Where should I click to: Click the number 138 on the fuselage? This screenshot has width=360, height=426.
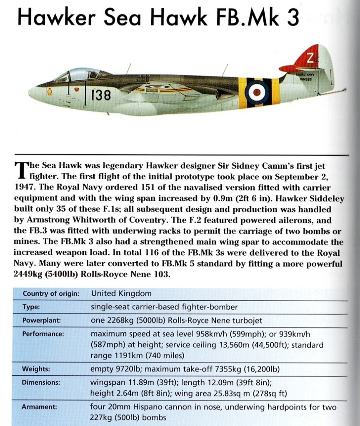click(101, 96)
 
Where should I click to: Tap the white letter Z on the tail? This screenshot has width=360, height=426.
click(309, 59)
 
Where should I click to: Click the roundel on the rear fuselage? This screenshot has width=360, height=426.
click(254, 93)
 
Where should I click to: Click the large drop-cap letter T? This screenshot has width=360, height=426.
click(20, 170)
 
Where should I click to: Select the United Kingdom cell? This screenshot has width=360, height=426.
click(121, 293)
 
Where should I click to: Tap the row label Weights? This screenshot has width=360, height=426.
click(36, 369)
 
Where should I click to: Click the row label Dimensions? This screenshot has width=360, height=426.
click(41, 382)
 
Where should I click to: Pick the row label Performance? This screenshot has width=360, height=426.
click(43, 334)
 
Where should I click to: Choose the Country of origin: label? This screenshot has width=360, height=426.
click(51, 293)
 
